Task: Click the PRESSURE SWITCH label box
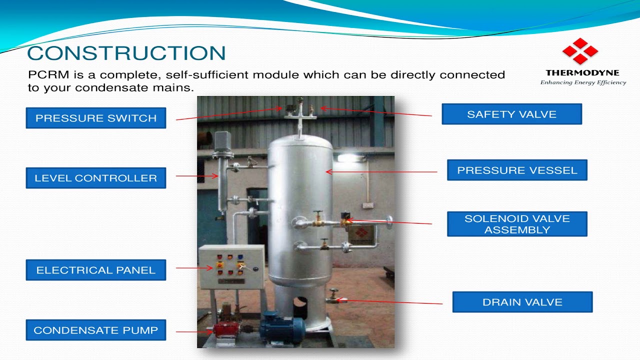[x=95, y=118]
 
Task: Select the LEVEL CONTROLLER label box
[x=95, y=178]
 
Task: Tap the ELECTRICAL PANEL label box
[x=95, y=270]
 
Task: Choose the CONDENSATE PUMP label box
[x=95, y=330]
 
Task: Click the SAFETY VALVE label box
[x=511, y=114]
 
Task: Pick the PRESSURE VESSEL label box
[x=516, y=170]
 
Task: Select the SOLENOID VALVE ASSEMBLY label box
[x=516, y=224]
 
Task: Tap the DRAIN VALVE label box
[x=522, y=302]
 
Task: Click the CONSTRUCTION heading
[x=126, y=53]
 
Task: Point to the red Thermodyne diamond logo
[x=580, y=51]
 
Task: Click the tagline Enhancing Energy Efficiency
[x=583, y=82]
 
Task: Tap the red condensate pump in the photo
[x=225, y=330]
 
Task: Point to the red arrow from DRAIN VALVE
[x=390, y=302]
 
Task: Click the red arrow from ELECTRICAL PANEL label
[x=187, y=268]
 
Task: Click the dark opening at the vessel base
[x=300, y=301]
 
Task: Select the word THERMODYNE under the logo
[x=582, y=73]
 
